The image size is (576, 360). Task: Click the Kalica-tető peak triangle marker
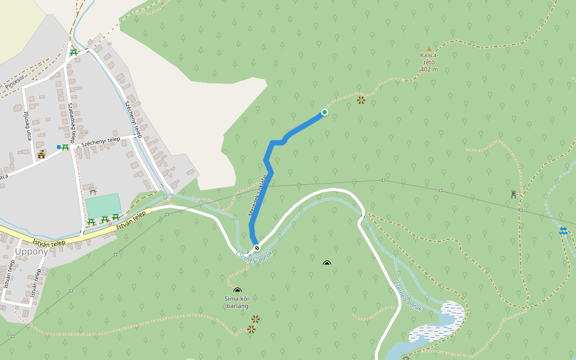(428, 49)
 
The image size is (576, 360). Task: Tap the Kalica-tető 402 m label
(428, 62)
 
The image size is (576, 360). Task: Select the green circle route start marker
(325, 112)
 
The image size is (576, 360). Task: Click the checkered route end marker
(257, 248)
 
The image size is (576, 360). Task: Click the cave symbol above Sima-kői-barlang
(237, 291)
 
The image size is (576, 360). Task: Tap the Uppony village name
(31, 251)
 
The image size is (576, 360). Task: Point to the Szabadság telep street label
(71, 121)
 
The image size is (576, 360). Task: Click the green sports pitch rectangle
(103, 206)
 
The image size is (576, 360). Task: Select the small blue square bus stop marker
(58, 147)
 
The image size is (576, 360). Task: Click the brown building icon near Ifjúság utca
(41, 155)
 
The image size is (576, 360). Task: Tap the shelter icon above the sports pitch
(92, 191)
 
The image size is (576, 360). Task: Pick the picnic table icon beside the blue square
(65, 147)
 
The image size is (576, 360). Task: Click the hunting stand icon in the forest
(514, 194)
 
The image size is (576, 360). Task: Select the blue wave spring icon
(563, 231)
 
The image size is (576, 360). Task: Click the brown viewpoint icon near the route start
(361, 100)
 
